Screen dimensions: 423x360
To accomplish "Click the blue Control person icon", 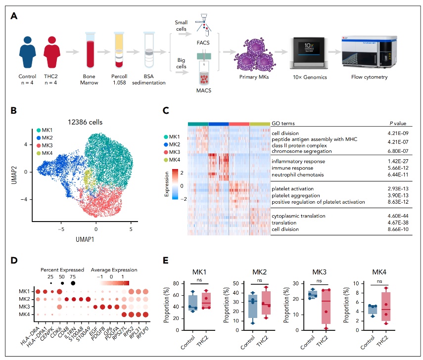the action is click(x=27, y=52).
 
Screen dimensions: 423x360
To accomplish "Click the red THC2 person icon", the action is click(x=52, y=52).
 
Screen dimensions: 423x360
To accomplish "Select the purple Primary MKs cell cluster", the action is click(x=254, y=56).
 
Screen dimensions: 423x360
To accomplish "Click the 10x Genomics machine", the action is click(x=309, y=53).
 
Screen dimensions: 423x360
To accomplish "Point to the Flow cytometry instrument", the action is click(x=369, y=52).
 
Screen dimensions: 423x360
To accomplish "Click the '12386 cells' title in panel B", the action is click(x=85, y=122).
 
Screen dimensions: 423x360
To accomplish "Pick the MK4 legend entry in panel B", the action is click(x=45, y=153).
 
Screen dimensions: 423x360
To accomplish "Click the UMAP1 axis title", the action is click(x=85, y=239).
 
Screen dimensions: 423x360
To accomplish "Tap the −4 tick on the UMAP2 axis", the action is click(x=24, y=199).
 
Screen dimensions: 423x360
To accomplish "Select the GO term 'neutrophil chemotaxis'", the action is click(x=297, y=175).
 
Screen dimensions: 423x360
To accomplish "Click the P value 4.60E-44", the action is click(x=398, y=216).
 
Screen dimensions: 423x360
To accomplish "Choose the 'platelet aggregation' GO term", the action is click(x=296, y=195).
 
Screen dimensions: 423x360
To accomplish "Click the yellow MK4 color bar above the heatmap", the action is click(x=260, y=124).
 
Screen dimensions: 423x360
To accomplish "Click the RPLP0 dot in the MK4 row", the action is click(x=145, y=315).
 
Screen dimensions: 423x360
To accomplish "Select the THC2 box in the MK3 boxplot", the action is click(x=326, y=307).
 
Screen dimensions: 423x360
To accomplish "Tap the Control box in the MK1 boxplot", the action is click(x=193, y=303).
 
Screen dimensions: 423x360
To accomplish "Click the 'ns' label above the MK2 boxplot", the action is click(x=260, y=280).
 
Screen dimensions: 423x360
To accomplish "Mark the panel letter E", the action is click(x=166, y=260).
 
